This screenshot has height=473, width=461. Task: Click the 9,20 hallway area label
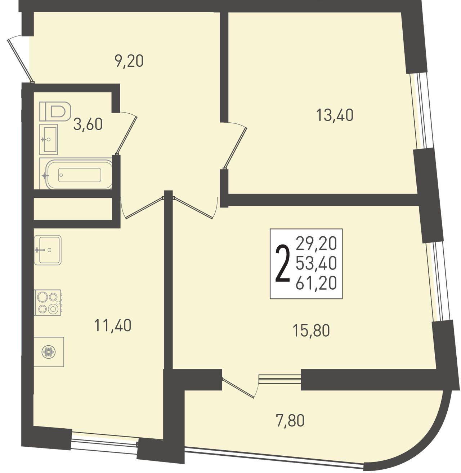tap(129, 61)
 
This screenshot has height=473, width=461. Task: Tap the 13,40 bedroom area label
tap(335, 115)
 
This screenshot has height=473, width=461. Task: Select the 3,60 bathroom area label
tap(88, 124)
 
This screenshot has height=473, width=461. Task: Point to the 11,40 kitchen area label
tap(113, 325)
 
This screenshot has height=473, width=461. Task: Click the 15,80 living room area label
tap(311, 330)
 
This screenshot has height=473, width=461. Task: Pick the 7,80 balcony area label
tap(290, 420)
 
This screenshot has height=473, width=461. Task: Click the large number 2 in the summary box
tap(283, 263)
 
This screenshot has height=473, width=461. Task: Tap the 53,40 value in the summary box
tap(316, 263)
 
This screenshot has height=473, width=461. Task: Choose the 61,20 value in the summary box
tap(316, 283)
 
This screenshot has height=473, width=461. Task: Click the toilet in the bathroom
tap(55, 111)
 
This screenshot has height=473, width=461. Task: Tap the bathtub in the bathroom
tap(76, 174)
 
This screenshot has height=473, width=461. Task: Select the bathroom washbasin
tap(49, 139)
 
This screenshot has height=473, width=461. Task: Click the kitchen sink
tap(48, 250)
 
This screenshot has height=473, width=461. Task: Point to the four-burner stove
tap(48, 302)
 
